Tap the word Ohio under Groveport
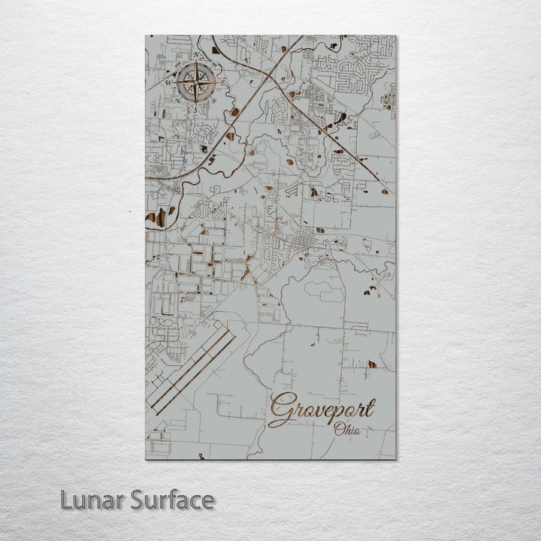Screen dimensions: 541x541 [x=346, y=431]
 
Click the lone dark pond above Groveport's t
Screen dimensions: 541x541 [x=370, y=364]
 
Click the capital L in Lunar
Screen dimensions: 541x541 [x=67, y=500]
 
